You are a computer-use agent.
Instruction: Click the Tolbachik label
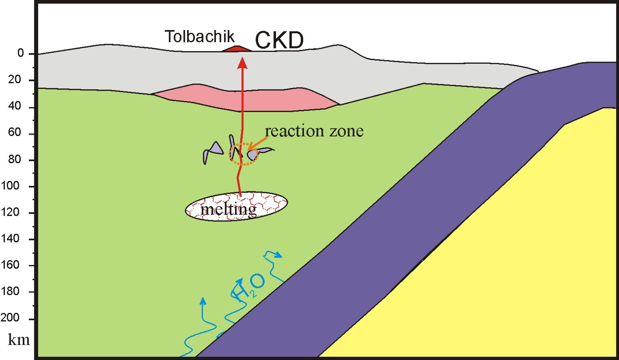[199, 37]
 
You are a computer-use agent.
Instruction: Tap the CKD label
[279, 40]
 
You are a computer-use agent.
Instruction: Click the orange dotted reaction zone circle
[243, 154]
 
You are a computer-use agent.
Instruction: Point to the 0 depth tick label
[20, 54]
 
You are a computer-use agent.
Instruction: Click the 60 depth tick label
[15, 132]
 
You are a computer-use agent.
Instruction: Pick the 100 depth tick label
[11, 185]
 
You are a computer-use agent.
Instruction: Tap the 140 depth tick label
[11, 238]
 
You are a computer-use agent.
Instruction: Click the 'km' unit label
[19, 339]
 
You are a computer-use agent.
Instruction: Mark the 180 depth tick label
[11, 291]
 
